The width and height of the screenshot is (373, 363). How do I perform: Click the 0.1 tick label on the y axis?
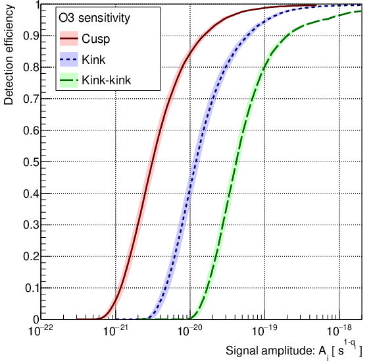[28, 288]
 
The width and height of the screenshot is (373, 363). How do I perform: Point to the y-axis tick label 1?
[34, 6]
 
